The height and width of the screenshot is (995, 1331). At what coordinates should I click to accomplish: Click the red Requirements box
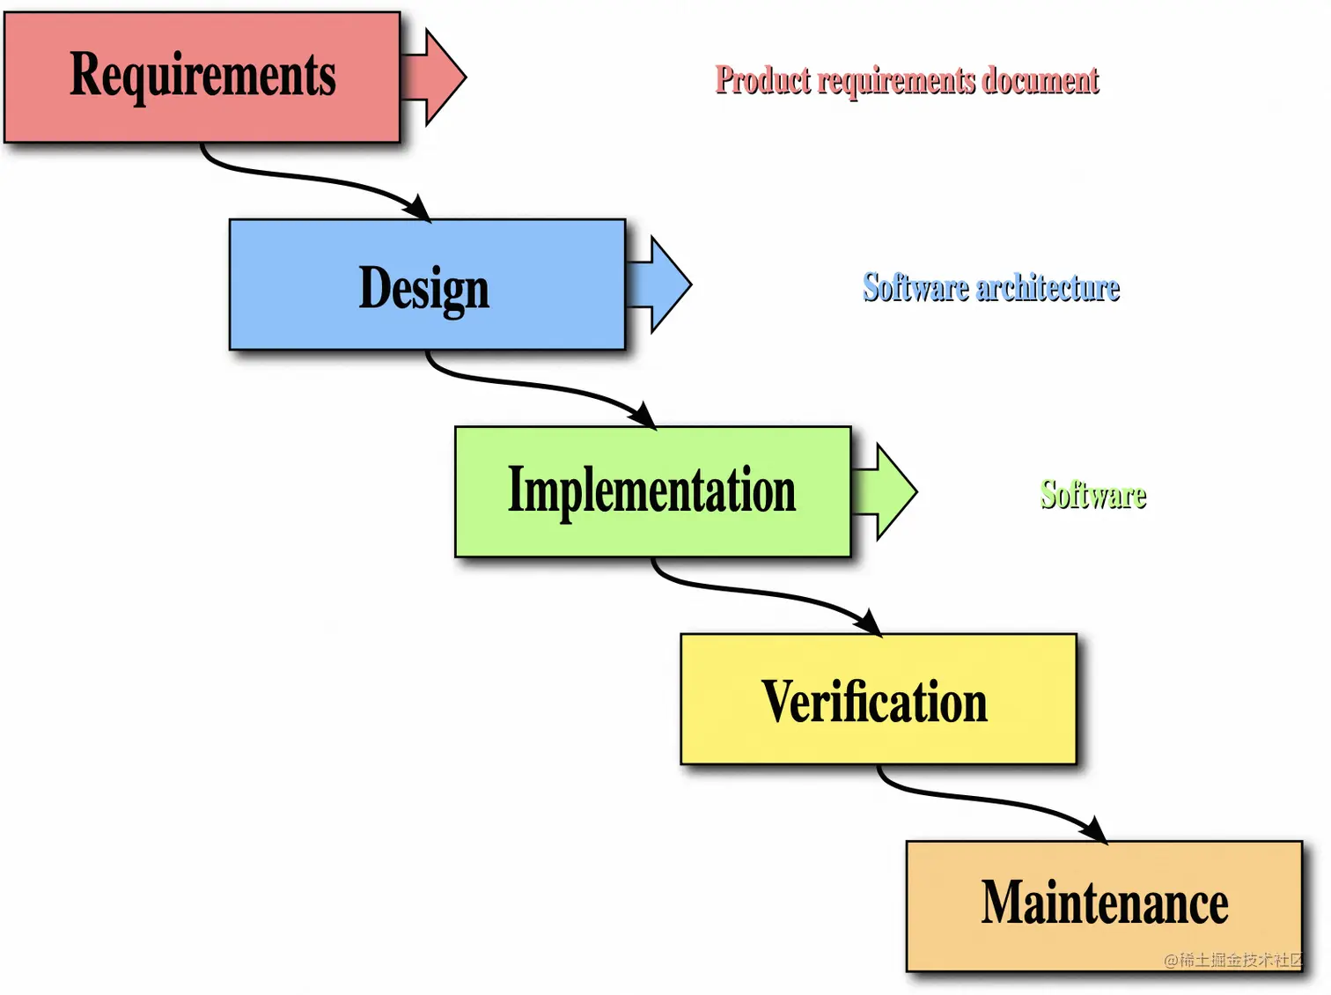(202, 77)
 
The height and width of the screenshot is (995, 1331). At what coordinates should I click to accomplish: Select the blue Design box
(427, 285)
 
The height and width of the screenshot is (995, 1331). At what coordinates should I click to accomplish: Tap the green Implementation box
(652, 491)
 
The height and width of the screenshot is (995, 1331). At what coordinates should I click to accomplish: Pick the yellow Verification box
(878, 699)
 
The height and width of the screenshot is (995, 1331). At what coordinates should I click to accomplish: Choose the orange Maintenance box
(1104, 905)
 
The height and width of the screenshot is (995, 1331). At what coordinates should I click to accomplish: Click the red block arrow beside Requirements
(437, 77)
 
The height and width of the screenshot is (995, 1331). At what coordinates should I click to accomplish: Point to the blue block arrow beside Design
(662, 284)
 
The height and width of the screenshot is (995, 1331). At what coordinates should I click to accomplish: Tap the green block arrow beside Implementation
(887, 491)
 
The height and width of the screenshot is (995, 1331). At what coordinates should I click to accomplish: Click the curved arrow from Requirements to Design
(308, 178)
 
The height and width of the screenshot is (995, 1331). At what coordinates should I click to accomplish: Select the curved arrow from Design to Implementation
(533, 385)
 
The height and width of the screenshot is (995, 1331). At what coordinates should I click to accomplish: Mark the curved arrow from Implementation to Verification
(759, 593)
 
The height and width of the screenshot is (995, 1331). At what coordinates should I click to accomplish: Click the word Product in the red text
(762, 80)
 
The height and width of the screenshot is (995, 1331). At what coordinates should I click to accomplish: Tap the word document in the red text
(1041, 80)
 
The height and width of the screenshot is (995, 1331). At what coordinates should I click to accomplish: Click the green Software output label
(1093, 495)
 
